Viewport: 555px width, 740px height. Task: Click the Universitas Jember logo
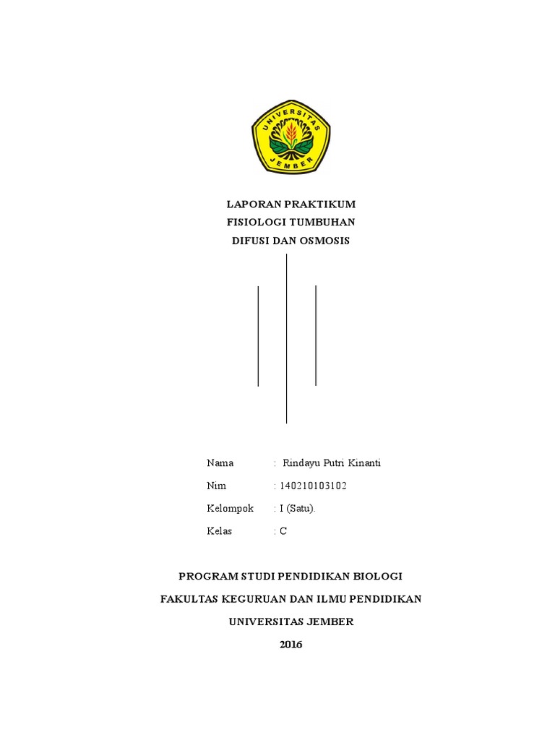pos(291,137)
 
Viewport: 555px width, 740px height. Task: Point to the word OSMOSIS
pos(322,241)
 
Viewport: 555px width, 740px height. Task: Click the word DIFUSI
pos(249,241)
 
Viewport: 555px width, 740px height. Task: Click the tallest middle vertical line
pos(287,338)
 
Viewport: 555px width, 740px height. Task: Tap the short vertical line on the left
pos(258,335)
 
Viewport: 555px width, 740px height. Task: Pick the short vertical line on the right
pos(316,335)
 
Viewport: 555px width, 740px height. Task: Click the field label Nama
pos(220,463)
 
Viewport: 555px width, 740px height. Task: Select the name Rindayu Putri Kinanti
pos(332,463)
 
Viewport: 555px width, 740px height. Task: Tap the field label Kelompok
pos(230,509)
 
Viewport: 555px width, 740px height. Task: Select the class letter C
pos(283,532)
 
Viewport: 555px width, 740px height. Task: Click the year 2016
pos(291,645)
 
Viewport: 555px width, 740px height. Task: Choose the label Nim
pos(216,486)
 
